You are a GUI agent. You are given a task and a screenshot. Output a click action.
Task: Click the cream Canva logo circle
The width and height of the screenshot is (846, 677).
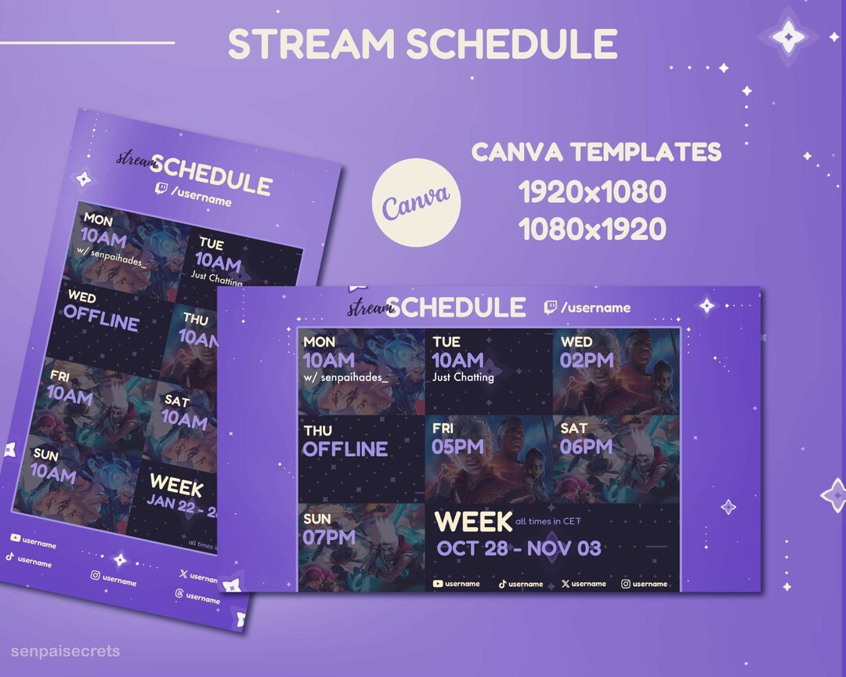[x=416, y=201]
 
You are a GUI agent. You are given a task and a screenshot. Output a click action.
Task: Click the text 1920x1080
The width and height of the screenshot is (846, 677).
[x=592, y=192]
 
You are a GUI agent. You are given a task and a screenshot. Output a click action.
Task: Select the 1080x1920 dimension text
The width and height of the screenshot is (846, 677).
[x=592, y=229]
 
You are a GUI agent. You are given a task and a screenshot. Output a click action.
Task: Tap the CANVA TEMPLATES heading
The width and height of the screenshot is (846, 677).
[x=596, y=152]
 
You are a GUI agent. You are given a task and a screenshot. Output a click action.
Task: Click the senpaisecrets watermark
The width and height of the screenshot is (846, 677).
[x=66, y=651]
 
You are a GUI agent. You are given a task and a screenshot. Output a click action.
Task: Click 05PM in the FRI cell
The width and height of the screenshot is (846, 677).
[x=455, y=447]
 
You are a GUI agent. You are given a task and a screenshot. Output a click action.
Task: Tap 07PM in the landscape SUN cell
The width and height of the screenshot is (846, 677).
[x=329, y=537]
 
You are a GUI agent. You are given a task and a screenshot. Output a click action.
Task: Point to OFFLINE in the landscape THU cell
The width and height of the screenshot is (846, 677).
[x=345, y=449]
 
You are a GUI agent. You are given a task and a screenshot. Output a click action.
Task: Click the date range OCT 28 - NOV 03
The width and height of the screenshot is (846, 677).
[x=519, y=548]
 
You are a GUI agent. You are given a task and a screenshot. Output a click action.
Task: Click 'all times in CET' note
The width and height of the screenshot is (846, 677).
[x=548, y=521]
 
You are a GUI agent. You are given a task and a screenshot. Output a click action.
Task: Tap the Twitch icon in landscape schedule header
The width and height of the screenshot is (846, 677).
[x=551, y=308]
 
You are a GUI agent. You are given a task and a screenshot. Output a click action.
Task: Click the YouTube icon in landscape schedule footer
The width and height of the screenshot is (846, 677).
[x=438, y=584]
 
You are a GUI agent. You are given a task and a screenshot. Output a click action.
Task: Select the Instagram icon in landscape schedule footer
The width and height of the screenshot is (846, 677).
[x=626, y=584]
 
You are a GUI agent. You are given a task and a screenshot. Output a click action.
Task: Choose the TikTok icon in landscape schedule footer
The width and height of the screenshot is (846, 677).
[x=502, y=584]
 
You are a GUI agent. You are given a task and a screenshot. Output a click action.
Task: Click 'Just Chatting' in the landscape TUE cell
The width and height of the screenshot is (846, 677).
[x=463, y=377]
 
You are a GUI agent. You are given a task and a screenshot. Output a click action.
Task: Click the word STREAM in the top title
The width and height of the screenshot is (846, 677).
[x=313, y=45]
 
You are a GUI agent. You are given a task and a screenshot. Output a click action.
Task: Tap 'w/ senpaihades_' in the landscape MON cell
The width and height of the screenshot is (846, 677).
[x=345, y=378]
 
